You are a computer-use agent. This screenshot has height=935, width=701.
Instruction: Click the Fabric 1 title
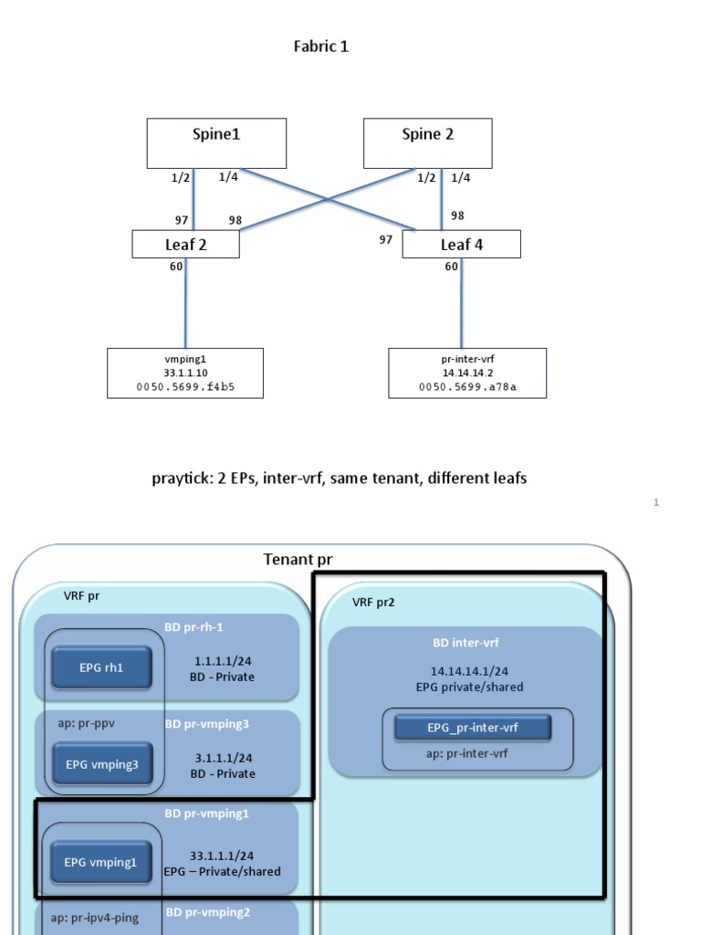[320, 47]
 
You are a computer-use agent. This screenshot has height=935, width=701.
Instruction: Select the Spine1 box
[216, 142]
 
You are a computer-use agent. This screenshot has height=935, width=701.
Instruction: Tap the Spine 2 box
[427, 142]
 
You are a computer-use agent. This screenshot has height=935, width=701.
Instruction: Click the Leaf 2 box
[185, 244]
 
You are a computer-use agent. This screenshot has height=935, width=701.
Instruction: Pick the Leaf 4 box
[461, 244]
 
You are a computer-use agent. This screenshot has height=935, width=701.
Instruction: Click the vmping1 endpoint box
[185, 373]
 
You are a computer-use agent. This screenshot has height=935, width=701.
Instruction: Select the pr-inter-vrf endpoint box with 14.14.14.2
[466, 373]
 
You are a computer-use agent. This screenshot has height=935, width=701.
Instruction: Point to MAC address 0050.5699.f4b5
[185, 388]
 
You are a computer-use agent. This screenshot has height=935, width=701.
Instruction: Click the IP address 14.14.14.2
[466, 373]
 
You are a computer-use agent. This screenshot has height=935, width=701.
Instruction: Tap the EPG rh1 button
[100, 667]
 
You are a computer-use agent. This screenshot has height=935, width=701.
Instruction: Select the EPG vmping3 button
[101, 764]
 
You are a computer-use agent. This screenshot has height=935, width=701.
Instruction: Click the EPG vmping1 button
[100, 861]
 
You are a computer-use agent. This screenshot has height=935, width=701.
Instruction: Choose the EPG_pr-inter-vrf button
[472, 728]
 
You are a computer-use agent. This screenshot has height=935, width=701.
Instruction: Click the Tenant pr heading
[304, 559]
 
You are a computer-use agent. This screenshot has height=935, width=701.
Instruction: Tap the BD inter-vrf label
[466, 642]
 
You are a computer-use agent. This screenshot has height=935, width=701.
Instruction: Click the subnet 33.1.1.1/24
[222, 856]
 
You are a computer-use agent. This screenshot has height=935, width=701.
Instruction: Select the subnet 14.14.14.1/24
[469, 671]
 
